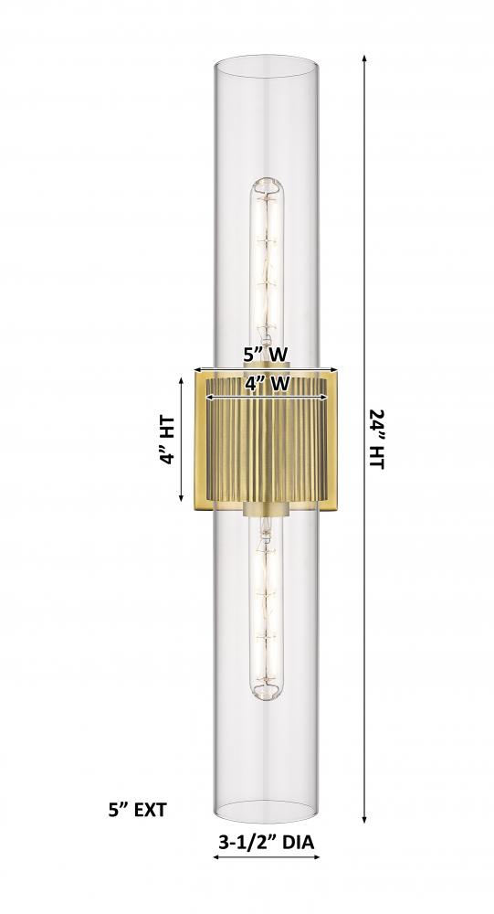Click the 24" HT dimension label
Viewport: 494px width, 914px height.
[377, 439]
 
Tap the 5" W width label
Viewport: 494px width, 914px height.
[267, 355]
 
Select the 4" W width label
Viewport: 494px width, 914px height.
[267, 384]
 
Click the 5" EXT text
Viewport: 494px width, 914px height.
[138, 810]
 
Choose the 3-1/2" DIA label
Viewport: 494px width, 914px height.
[267, 842]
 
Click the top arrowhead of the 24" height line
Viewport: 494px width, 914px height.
[364, 58]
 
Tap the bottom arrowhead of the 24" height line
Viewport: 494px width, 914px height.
[364, 818]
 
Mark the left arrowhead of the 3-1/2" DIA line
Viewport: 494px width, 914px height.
[216, 857]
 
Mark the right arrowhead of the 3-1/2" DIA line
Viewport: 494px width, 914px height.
[315, 857]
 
